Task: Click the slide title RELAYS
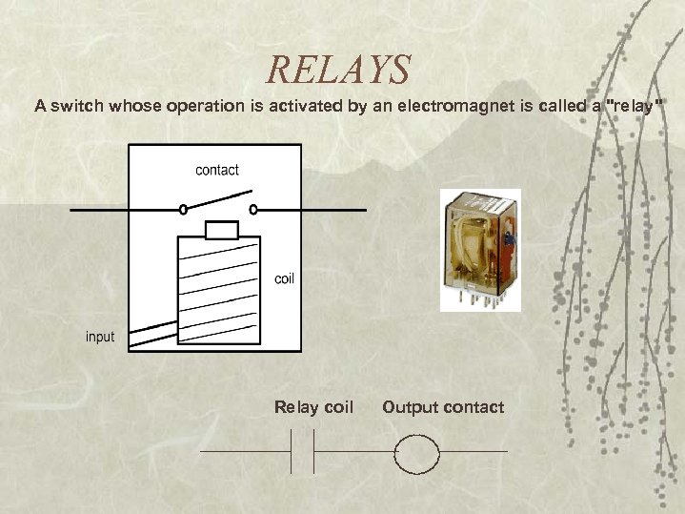tap(338, 70)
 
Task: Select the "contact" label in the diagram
tap(217, 170)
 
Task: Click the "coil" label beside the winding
tap(284, 278)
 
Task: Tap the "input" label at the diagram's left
tap(100, 337)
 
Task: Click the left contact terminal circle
tap(183, 209)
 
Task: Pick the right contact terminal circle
tap(252, 209)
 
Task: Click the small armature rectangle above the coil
tap(222, 230)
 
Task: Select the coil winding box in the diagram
tap(218, 291)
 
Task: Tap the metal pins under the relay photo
tap(481, 298)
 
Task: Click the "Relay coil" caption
tap(313, 407)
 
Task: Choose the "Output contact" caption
tap(443, 407)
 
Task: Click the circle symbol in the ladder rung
tap(417, 452)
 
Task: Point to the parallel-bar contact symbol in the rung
tap(303, 452)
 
